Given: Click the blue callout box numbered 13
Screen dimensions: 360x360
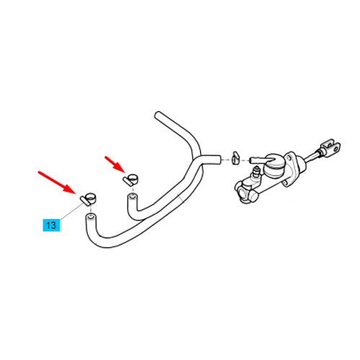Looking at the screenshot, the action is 51,225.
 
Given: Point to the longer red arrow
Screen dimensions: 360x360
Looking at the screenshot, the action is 57,182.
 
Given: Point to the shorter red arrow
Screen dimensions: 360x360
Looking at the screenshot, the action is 114,165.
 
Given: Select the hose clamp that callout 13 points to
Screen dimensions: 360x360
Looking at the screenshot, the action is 88,199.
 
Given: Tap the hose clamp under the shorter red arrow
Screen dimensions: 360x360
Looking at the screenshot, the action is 131,179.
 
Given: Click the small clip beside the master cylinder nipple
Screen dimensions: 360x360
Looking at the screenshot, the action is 235,158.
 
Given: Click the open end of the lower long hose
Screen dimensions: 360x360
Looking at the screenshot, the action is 91,217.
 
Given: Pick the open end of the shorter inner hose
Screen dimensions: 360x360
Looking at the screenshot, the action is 132,197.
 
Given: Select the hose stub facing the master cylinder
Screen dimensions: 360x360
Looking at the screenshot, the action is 216,160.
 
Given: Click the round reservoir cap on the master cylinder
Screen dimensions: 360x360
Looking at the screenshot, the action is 274,166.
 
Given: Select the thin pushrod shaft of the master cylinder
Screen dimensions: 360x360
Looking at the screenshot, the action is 312,156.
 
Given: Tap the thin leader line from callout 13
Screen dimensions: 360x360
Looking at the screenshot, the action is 70,212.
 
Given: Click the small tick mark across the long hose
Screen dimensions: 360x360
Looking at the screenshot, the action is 180,197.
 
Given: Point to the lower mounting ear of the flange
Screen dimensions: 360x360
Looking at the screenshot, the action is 285,184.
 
